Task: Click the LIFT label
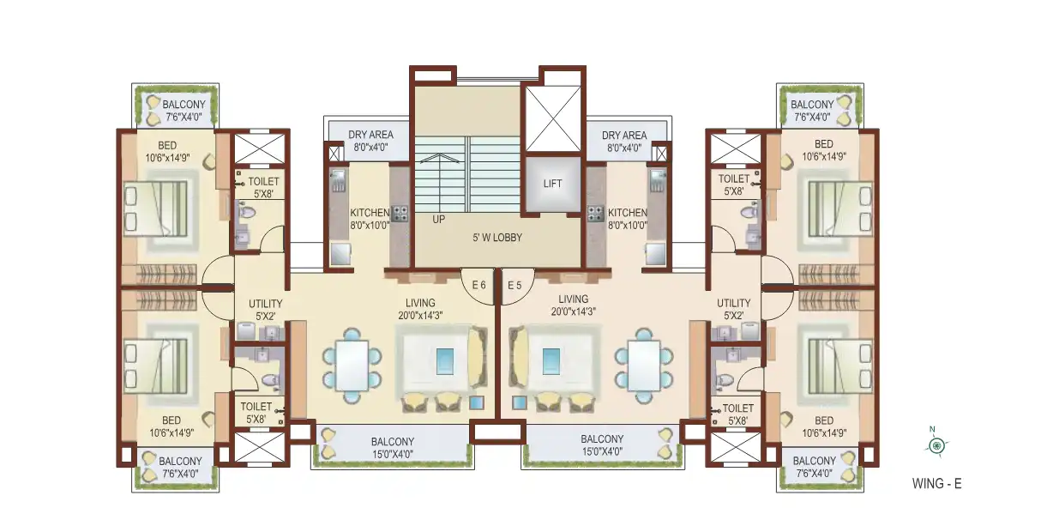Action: tap(552, 184)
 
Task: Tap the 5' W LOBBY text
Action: tap(497, 238)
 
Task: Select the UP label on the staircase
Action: tap(439, 220)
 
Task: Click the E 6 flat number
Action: tap(478, 285)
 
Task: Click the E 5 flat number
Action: tap(514, 286)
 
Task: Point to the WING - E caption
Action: tap(937, 484)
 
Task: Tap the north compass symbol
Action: tap(936, 444)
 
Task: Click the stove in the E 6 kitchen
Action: tap(400, 214)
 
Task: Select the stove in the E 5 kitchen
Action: tap(595, 214)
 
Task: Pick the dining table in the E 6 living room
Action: tap(352, 366)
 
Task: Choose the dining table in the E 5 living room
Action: tap(644, 366)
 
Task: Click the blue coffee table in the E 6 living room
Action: tap(445, 361)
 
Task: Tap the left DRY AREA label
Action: tap(370, 141)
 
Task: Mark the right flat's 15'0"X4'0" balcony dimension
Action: tap(602, 451)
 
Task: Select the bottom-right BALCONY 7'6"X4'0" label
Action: tap(815, 467)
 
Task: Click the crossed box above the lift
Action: tap(552, 118)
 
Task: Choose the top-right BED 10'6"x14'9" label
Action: tap(823, 150)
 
